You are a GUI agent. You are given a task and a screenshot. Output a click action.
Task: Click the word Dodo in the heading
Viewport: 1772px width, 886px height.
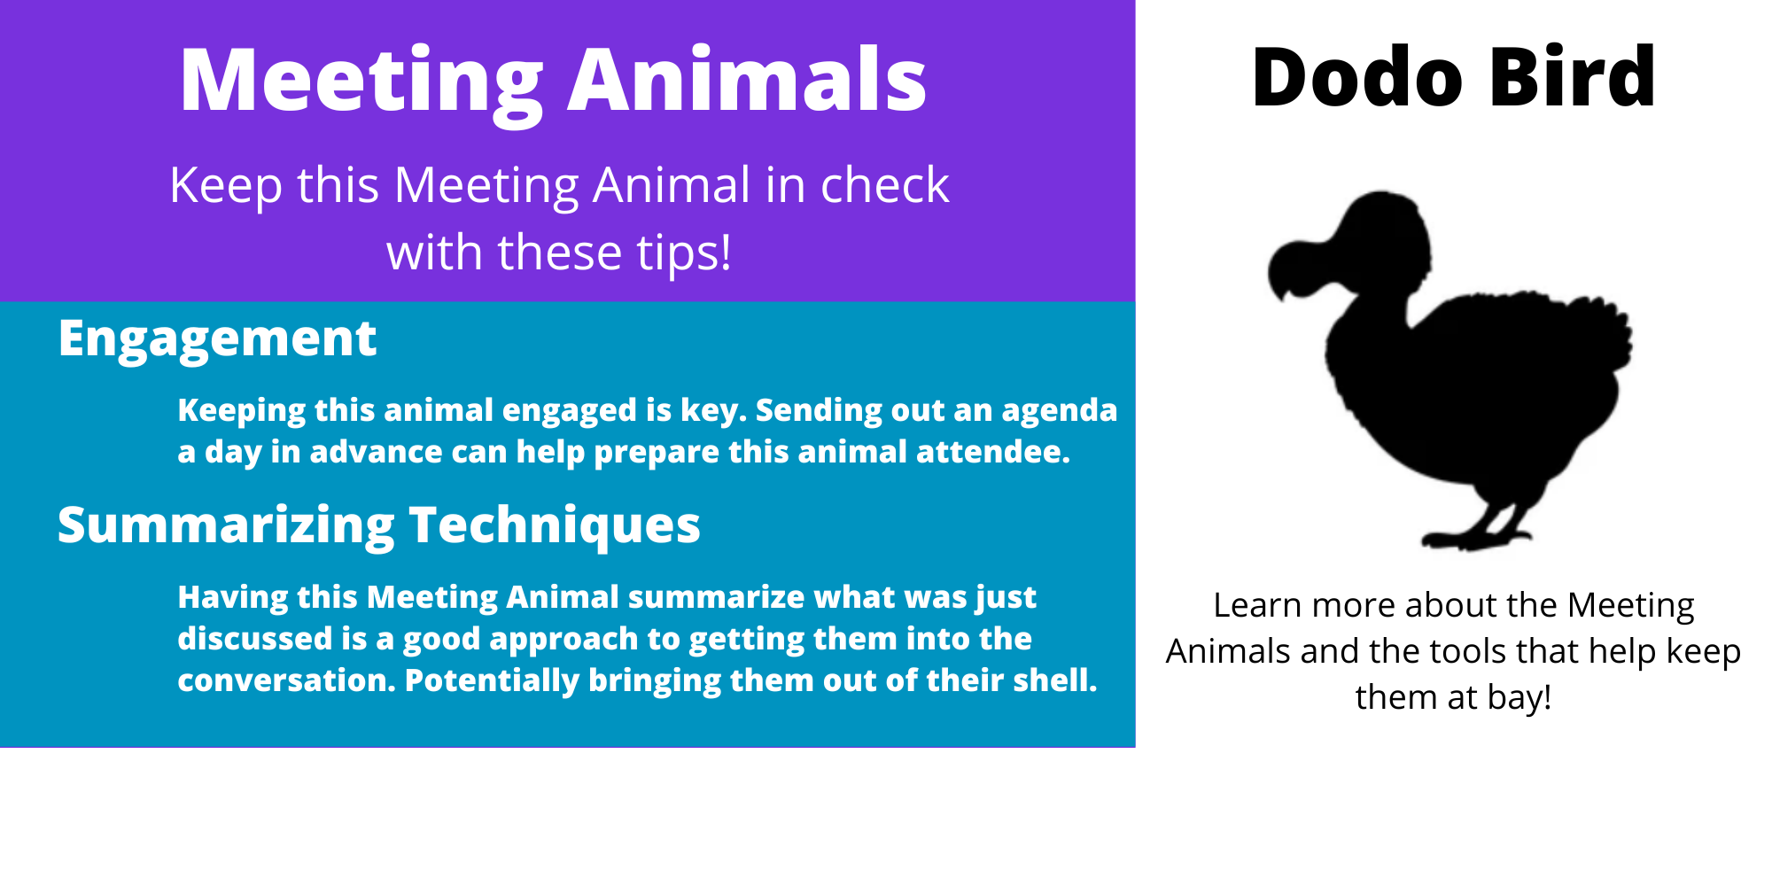(1357, 77)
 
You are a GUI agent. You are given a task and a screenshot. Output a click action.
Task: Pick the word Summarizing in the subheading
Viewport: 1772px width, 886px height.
(226, 526)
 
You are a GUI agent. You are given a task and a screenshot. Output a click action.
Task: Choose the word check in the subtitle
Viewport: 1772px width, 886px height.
(884, 185)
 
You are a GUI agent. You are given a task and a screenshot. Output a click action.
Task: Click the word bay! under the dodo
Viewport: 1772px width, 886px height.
(1519, 698)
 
